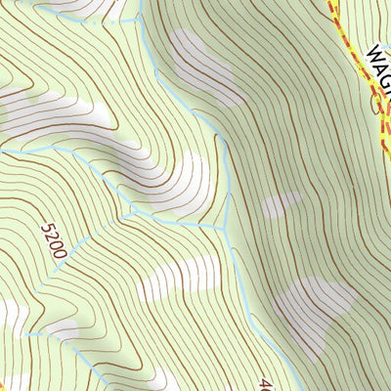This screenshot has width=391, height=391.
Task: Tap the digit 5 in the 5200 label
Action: tap(48, 229)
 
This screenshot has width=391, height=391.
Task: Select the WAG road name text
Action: tap(379, 66)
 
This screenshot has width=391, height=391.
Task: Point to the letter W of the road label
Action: tap(372, 53)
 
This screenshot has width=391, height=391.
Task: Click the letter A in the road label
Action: tap(379, 66)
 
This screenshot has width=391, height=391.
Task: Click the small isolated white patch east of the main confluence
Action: tap(282, 205)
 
